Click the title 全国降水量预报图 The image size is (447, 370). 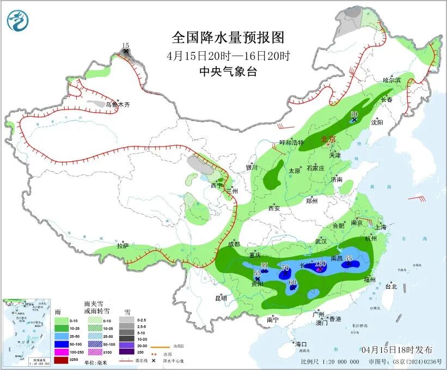228,38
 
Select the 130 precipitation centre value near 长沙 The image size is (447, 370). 320,264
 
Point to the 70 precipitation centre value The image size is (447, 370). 285,268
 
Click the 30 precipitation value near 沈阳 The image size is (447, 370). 354,113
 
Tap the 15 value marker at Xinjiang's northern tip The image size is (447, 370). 126,46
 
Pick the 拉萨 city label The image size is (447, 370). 123,246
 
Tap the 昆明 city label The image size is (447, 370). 221,298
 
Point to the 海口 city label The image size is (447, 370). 301,344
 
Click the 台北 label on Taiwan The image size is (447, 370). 391,286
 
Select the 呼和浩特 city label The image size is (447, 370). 292,143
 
